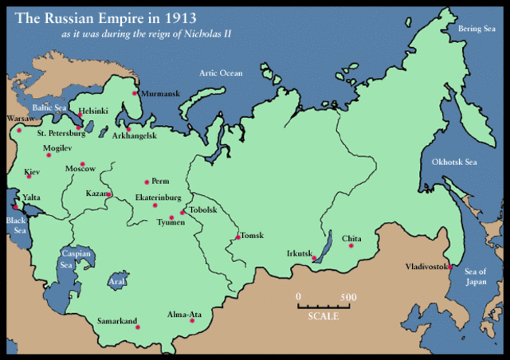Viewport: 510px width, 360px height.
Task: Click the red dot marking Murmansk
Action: coord(135,93)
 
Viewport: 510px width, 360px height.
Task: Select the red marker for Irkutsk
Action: coord(314,260)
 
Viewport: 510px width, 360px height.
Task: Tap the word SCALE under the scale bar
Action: coord(323,316)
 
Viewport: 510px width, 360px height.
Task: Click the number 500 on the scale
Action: coord(347,297)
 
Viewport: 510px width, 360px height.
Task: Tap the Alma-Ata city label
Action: coord(184,315)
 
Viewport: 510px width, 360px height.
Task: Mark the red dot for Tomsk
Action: coord(237,237)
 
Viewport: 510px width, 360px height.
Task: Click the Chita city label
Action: coord(351,238)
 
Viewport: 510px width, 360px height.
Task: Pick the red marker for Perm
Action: coord(146,182)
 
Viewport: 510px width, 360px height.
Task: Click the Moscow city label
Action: coord(80,168)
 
